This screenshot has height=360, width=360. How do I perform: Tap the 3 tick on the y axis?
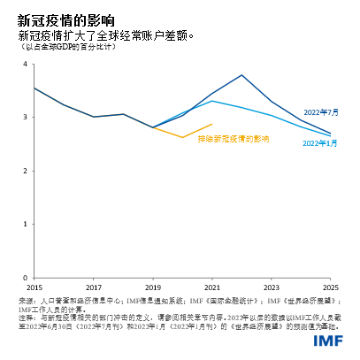(23, 117)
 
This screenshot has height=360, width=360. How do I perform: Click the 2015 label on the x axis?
(34, 288)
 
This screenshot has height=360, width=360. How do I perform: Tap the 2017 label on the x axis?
(94, 288)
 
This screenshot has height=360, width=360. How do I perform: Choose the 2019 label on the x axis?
(153, 288)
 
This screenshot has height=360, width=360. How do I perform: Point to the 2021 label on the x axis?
(212, 288)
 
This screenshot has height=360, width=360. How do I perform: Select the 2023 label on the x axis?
(272, 288)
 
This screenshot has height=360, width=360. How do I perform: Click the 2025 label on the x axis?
(330, 288)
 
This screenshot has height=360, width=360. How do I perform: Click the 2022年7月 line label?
(320, 112)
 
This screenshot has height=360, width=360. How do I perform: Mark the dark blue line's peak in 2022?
(241, 75)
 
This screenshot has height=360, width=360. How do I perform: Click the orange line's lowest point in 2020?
(182, 137)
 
